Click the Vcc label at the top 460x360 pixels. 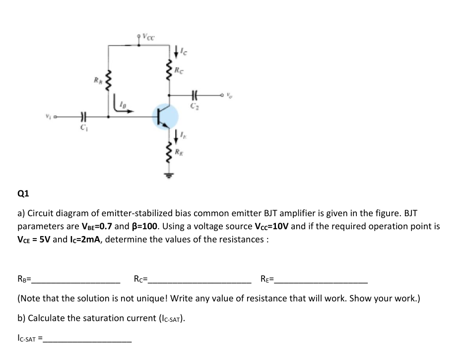(147, 36)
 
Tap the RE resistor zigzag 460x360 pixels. (169, 150)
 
